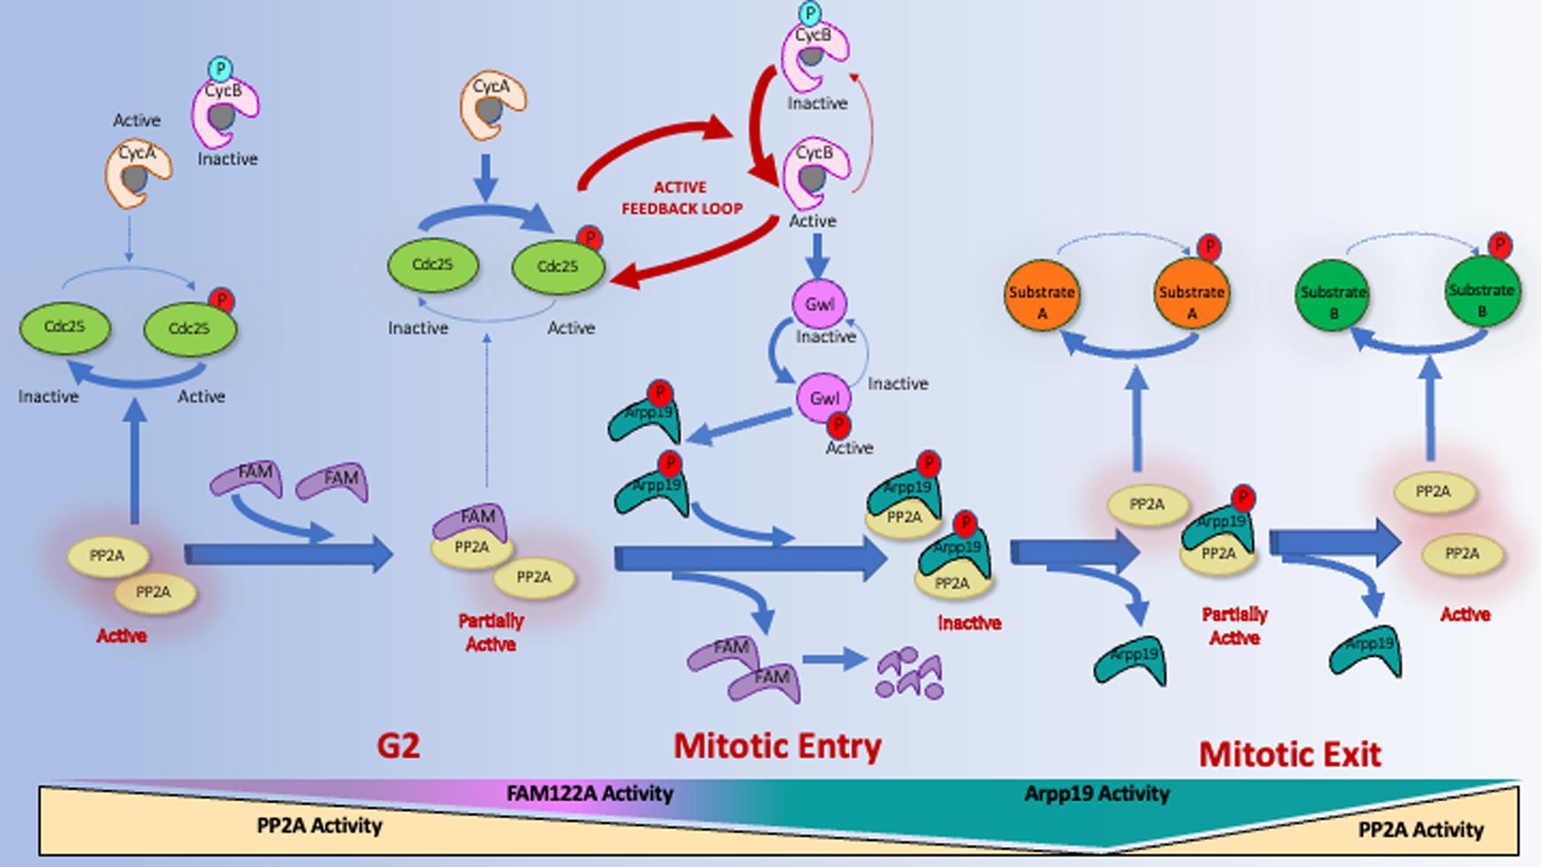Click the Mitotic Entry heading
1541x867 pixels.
coord(777,747)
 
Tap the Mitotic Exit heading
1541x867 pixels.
coord(1290,755)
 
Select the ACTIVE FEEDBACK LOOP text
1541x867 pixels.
coord(681,198)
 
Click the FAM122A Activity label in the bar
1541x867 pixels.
coord(589,793)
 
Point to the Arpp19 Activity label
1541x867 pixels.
coord(1097,793)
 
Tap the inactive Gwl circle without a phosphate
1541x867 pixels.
coord(819,304)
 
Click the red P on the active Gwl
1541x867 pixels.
coord(839,424)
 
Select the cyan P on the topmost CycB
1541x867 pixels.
coord(809,12)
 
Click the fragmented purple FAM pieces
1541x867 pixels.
coord(910,673)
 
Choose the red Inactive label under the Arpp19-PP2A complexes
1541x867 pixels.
coord(968,624)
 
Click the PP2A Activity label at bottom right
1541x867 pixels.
coord(1420,830)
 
